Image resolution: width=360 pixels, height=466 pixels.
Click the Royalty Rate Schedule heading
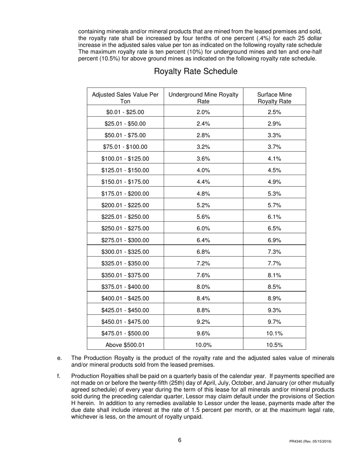[196, 71]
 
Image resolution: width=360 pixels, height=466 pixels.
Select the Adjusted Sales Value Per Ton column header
[125, 98]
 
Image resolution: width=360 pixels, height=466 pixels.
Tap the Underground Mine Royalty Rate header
[203, 98]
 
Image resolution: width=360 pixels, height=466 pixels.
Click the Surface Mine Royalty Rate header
[274, 98]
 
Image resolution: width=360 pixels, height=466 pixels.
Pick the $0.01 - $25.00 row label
[125, 112]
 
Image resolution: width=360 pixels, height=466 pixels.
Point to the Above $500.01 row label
[125, 345]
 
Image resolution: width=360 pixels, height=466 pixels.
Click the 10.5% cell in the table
[274, 345]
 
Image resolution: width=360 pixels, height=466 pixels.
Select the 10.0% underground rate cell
[203, 345]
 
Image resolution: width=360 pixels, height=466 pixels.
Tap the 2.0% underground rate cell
[203, 112]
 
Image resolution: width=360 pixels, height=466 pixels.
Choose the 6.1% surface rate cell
[274, 217]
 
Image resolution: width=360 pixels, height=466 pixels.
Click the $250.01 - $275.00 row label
[125, 228]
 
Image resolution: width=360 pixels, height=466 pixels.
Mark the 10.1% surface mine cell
[274, 333]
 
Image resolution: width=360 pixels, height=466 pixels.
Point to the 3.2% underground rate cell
[203, 147]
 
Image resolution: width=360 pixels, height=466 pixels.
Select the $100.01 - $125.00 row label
[125, 159]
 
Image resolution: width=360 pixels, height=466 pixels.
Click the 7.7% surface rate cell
[274, 263]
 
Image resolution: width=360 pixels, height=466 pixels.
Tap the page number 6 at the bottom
[180, 440]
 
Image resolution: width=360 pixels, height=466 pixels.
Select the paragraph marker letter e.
[59, 358]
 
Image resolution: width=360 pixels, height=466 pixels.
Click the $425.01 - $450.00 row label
[125, 310]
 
